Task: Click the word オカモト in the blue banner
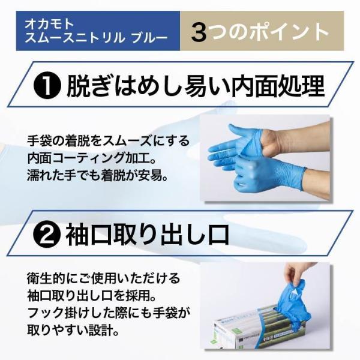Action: [49, 24]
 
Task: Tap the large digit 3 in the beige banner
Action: [199, 33]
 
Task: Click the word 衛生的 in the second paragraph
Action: [44, 278]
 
